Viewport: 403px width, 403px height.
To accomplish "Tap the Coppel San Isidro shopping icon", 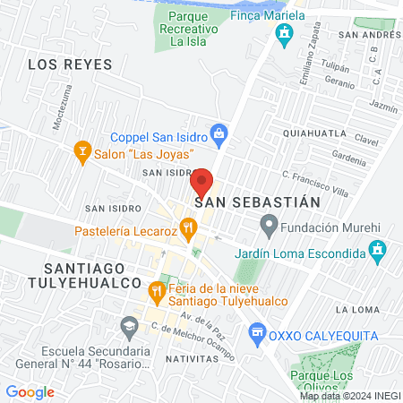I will (x=218, y=134).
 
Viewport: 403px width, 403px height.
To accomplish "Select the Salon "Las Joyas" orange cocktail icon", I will (x=82, y=149).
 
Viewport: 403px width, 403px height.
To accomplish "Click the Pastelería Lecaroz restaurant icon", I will (x=187, y=229).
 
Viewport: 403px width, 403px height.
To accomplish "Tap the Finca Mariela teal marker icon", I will (x=285, y=36).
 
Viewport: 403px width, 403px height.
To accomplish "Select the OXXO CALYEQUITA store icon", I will (x=257, y=331).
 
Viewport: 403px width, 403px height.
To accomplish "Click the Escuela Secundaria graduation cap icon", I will (x=130, y=324).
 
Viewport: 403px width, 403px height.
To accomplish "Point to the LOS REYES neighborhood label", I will (x=70, y=64).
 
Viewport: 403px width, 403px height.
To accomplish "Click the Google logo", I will (x=30, y=391).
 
